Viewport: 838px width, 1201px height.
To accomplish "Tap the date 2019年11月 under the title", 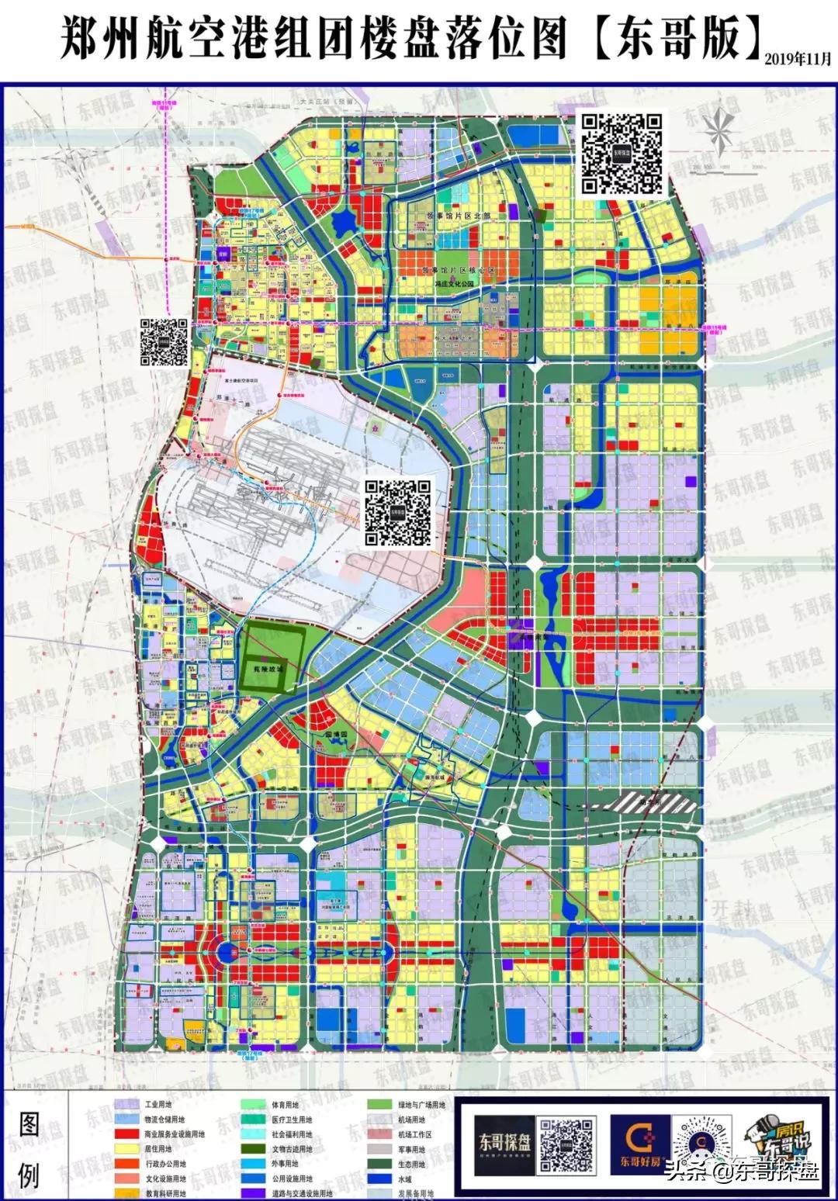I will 797,60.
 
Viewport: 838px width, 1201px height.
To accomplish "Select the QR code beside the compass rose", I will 623,153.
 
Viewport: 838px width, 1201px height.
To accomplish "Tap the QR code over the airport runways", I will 398,511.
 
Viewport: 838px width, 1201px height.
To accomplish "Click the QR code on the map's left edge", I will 164,342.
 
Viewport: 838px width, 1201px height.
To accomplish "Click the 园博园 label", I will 339,733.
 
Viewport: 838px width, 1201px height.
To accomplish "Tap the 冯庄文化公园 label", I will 455,284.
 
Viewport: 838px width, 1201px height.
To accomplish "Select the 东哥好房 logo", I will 639,1145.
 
